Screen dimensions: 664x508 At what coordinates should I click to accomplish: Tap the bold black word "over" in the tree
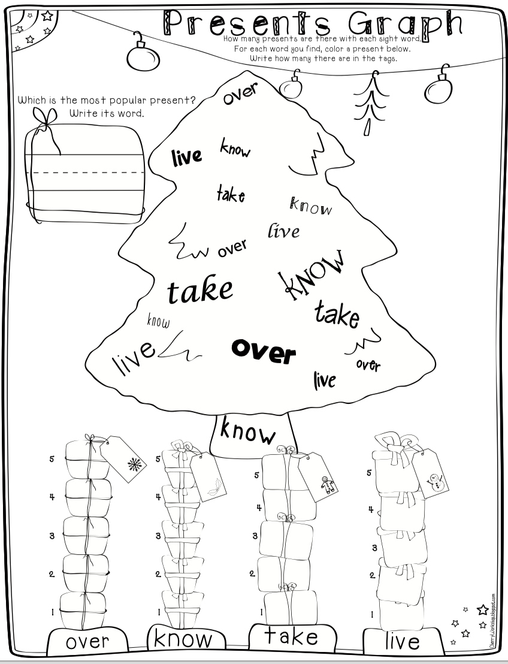264,351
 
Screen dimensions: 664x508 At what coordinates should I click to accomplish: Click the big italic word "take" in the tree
199,289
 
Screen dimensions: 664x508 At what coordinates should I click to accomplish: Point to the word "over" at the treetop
240,94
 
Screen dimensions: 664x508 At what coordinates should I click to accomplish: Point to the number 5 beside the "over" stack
52,460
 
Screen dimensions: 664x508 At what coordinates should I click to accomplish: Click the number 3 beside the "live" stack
374,547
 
